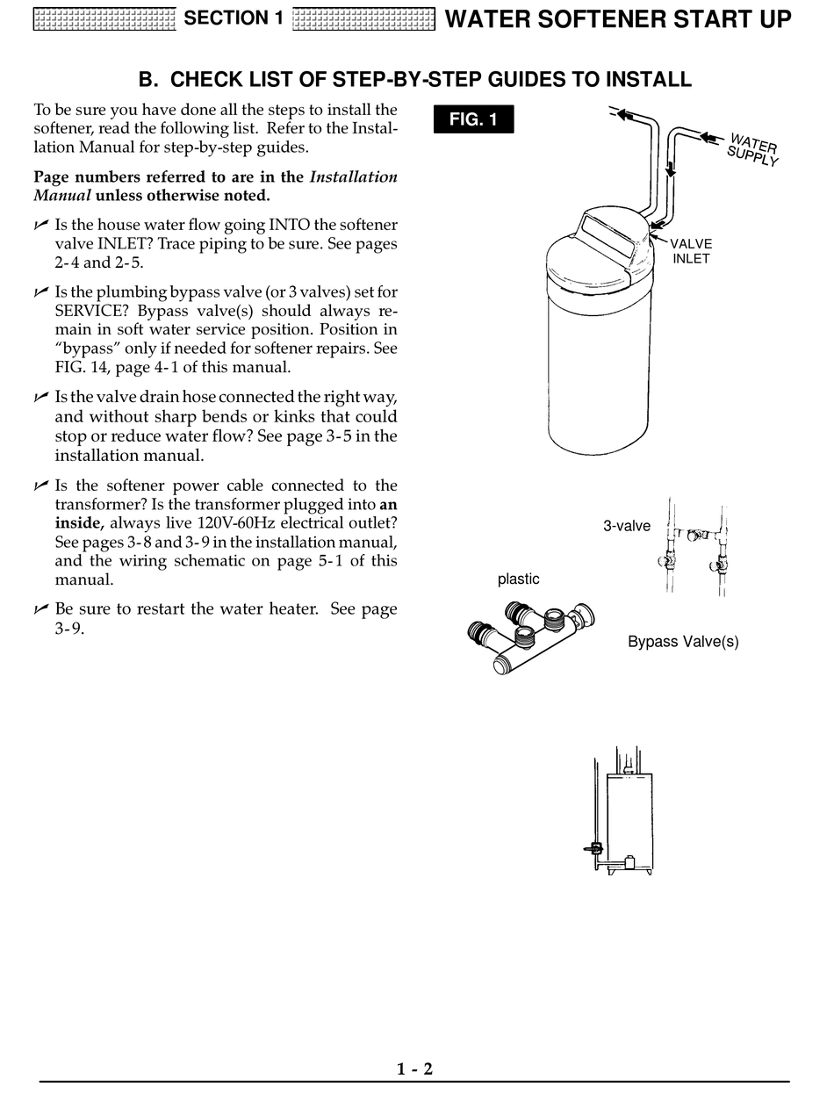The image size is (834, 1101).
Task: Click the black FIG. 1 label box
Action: point(473,119)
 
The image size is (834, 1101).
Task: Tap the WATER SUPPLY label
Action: point(752,149)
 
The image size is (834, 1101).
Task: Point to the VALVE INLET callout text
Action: point(691,251)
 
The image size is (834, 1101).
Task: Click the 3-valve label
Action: point(626,526)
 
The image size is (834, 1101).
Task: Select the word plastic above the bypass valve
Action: point(518,579)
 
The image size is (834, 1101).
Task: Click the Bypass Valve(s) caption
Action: point(683,642)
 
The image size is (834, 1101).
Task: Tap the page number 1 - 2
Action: point(415,1069)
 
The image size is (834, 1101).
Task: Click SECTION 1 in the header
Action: point(233,18)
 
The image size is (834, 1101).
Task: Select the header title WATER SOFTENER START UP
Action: point(619,18)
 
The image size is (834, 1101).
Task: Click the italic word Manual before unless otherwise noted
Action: point(62,196)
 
